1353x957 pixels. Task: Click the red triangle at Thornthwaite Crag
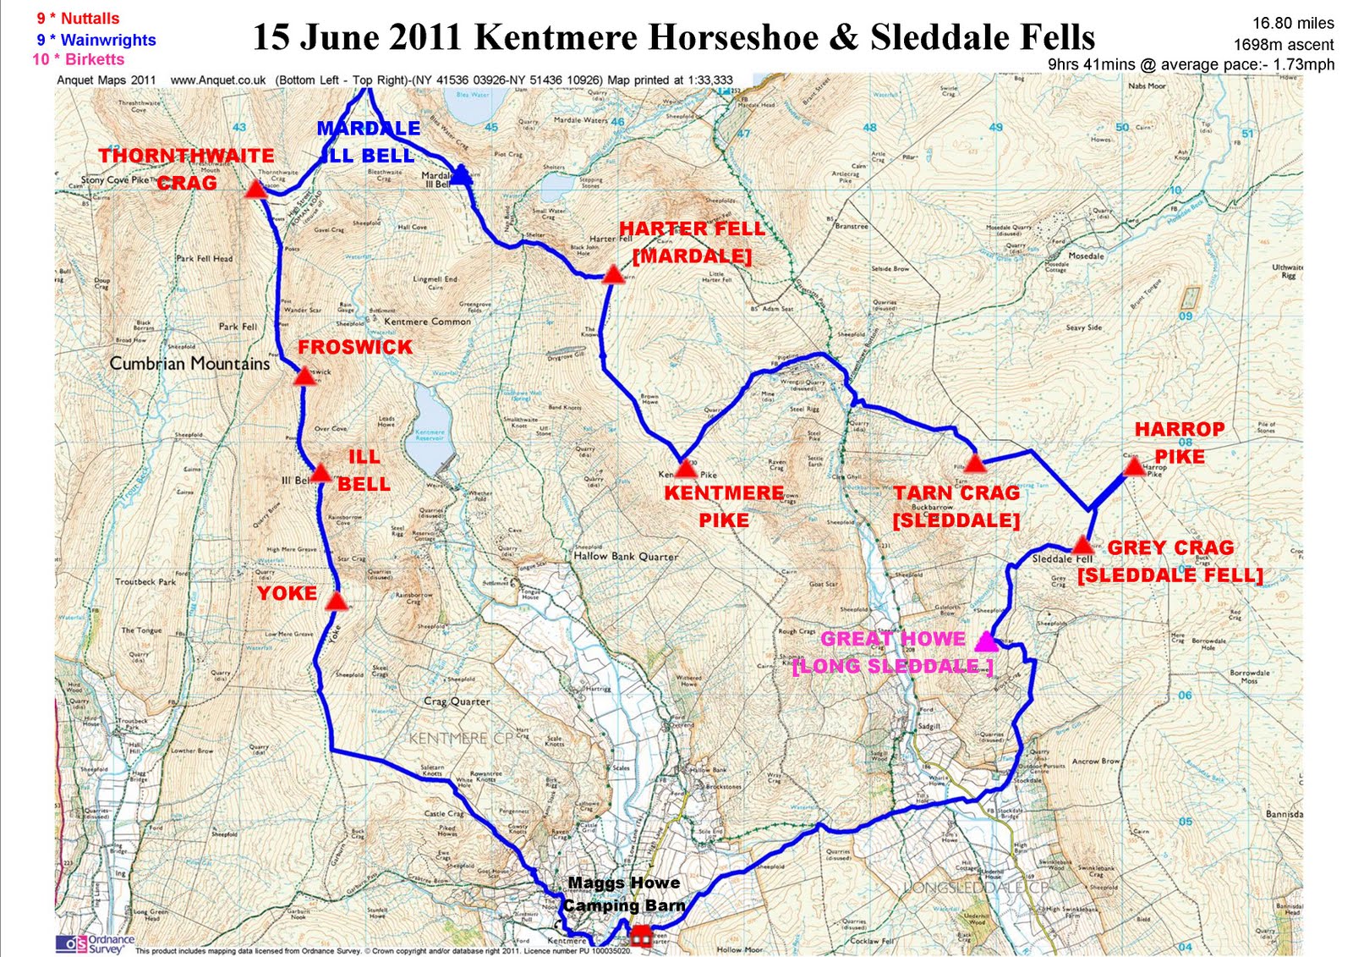(256, 189)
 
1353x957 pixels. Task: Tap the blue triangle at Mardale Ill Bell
(459, 176)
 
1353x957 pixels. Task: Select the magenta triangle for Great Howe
(986, 641)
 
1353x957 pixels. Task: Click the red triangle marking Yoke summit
(337, 602)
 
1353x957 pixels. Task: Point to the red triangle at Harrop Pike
(1133, 466)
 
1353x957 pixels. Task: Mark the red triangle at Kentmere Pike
(686, 468)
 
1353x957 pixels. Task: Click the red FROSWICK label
(354, 347)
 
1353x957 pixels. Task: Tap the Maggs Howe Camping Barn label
(624, 894)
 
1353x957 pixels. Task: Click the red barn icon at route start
(641, 935)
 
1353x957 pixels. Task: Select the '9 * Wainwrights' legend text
(96, 40)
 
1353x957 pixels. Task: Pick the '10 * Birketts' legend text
(78, 59)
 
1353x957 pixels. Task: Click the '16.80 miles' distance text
(1293, 24)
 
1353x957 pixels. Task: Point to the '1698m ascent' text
(1283, 45)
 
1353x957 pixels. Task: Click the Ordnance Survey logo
(95, 943)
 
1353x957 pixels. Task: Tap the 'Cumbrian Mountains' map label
(189, 364)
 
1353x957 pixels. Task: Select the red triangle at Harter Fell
(614, 274)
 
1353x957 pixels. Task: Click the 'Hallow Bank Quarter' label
(626, 557)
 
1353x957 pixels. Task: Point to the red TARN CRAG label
(956, 492)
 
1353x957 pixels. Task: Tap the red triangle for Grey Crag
(1082, 545)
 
